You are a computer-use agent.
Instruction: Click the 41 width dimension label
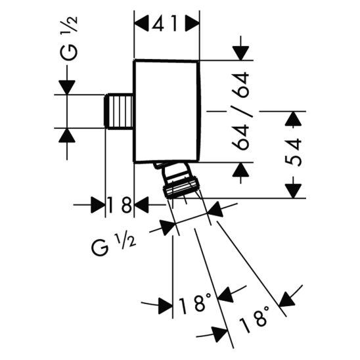tap(168, 24)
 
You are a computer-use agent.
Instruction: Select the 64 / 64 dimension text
tap(242, 112)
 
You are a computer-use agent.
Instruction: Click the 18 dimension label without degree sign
tap(120, 205)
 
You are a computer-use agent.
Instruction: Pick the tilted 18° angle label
tap(256, 315)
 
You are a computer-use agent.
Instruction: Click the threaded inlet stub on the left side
tap(120, 111)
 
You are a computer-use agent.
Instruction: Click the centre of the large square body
tap(167, 112)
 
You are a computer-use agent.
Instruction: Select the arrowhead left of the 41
tap(142, 24)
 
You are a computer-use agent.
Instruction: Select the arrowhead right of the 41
tap(192, 24)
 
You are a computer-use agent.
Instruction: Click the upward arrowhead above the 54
tap(294, 119)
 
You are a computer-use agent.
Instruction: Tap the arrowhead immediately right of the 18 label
tap(141, 205)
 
